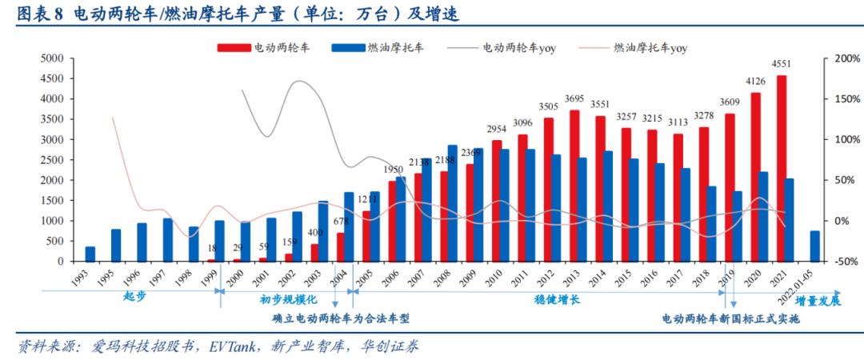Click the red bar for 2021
coord(782,168)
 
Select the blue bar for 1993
coord(90,254)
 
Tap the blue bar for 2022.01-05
coord(814,246)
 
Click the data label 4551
coord(782,65)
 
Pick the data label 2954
coord(497,129)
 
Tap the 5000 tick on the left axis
coord(52,58)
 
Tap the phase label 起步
coord(135,295)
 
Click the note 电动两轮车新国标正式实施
coord(730,318)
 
